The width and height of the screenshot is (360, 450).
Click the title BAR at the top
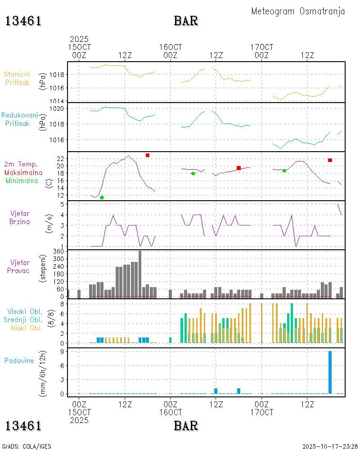186,21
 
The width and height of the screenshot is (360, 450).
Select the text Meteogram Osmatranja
298,11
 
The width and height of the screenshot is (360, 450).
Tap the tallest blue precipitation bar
330,372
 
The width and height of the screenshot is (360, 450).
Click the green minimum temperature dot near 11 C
102,198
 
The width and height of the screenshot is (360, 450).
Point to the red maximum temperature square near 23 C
148,155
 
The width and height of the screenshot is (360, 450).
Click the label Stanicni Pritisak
17,78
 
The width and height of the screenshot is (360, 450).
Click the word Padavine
19,360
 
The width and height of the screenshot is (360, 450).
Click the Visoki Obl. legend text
24,311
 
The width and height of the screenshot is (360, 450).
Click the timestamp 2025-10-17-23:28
329,446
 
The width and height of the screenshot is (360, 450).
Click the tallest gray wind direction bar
140,274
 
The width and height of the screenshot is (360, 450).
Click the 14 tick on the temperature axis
60,188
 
